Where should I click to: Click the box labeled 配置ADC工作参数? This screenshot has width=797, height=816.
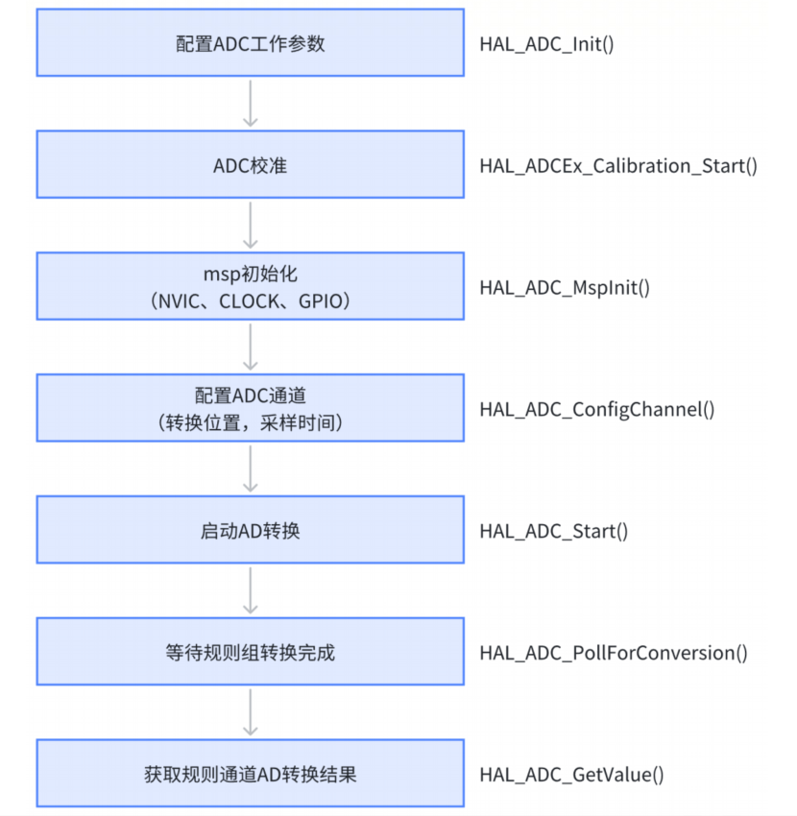[250, 44]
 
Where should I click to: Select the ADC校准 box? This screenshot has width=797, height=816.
[250, 166]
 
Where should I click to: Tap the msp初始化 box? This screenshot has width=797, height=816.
[250, 287]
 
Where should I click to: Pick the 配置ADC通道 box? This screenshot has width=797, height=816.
[250, 409]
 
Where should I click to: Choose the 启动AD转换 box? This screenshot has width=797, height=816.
[250, 530]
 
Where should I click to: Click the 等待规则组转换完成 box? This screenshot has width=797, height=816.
[250, 652]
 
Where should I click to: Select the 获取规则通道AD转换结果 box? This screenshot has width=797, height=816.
[250, 773]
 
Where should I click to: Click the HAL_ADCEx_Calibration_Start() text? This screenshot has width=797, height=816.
[618, 166]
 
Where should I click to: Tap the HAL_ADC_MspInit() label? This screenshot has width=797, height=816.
[565, 288]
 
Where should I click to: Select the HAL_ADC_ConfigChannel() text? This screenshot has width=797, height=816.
[597, 410]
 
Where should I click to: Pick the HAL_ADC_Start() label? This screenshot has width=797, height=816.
[554, 531]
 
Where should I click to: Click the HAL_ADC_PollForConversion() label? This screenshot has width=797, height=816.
[614, 653]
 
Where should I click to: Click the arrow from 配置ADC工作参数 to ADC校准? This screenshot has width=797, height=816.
[250, 104]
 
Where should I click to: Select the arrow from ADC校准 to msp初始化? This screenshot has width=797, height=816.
[250, 226]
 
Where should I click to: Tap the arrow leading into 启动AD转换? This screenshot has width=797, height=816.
[250, 468]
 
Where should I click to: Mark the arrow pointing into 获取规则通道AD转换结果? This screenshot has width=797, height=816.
[250, 712]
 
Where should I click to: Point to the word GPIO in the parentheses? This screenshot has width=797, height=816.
[317, 302]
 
